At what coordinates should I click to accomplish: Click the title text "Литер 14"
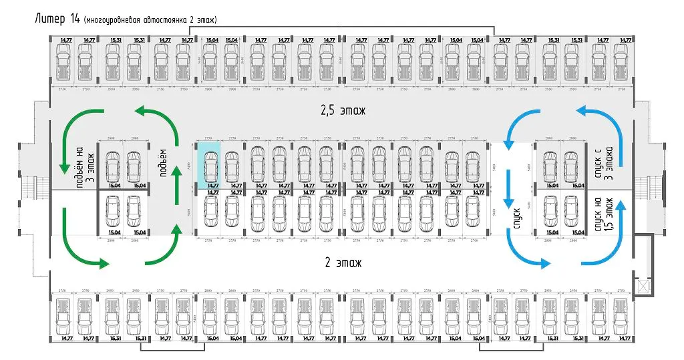[x=57, y=19]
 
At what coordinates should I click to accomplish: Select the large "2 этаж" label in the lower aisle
[x=341, y=262]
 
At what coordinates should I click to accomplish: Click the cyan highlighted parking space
[x=208, y=165]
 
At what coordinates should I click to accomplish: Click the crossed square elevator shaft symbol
[x=643, y=286]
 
